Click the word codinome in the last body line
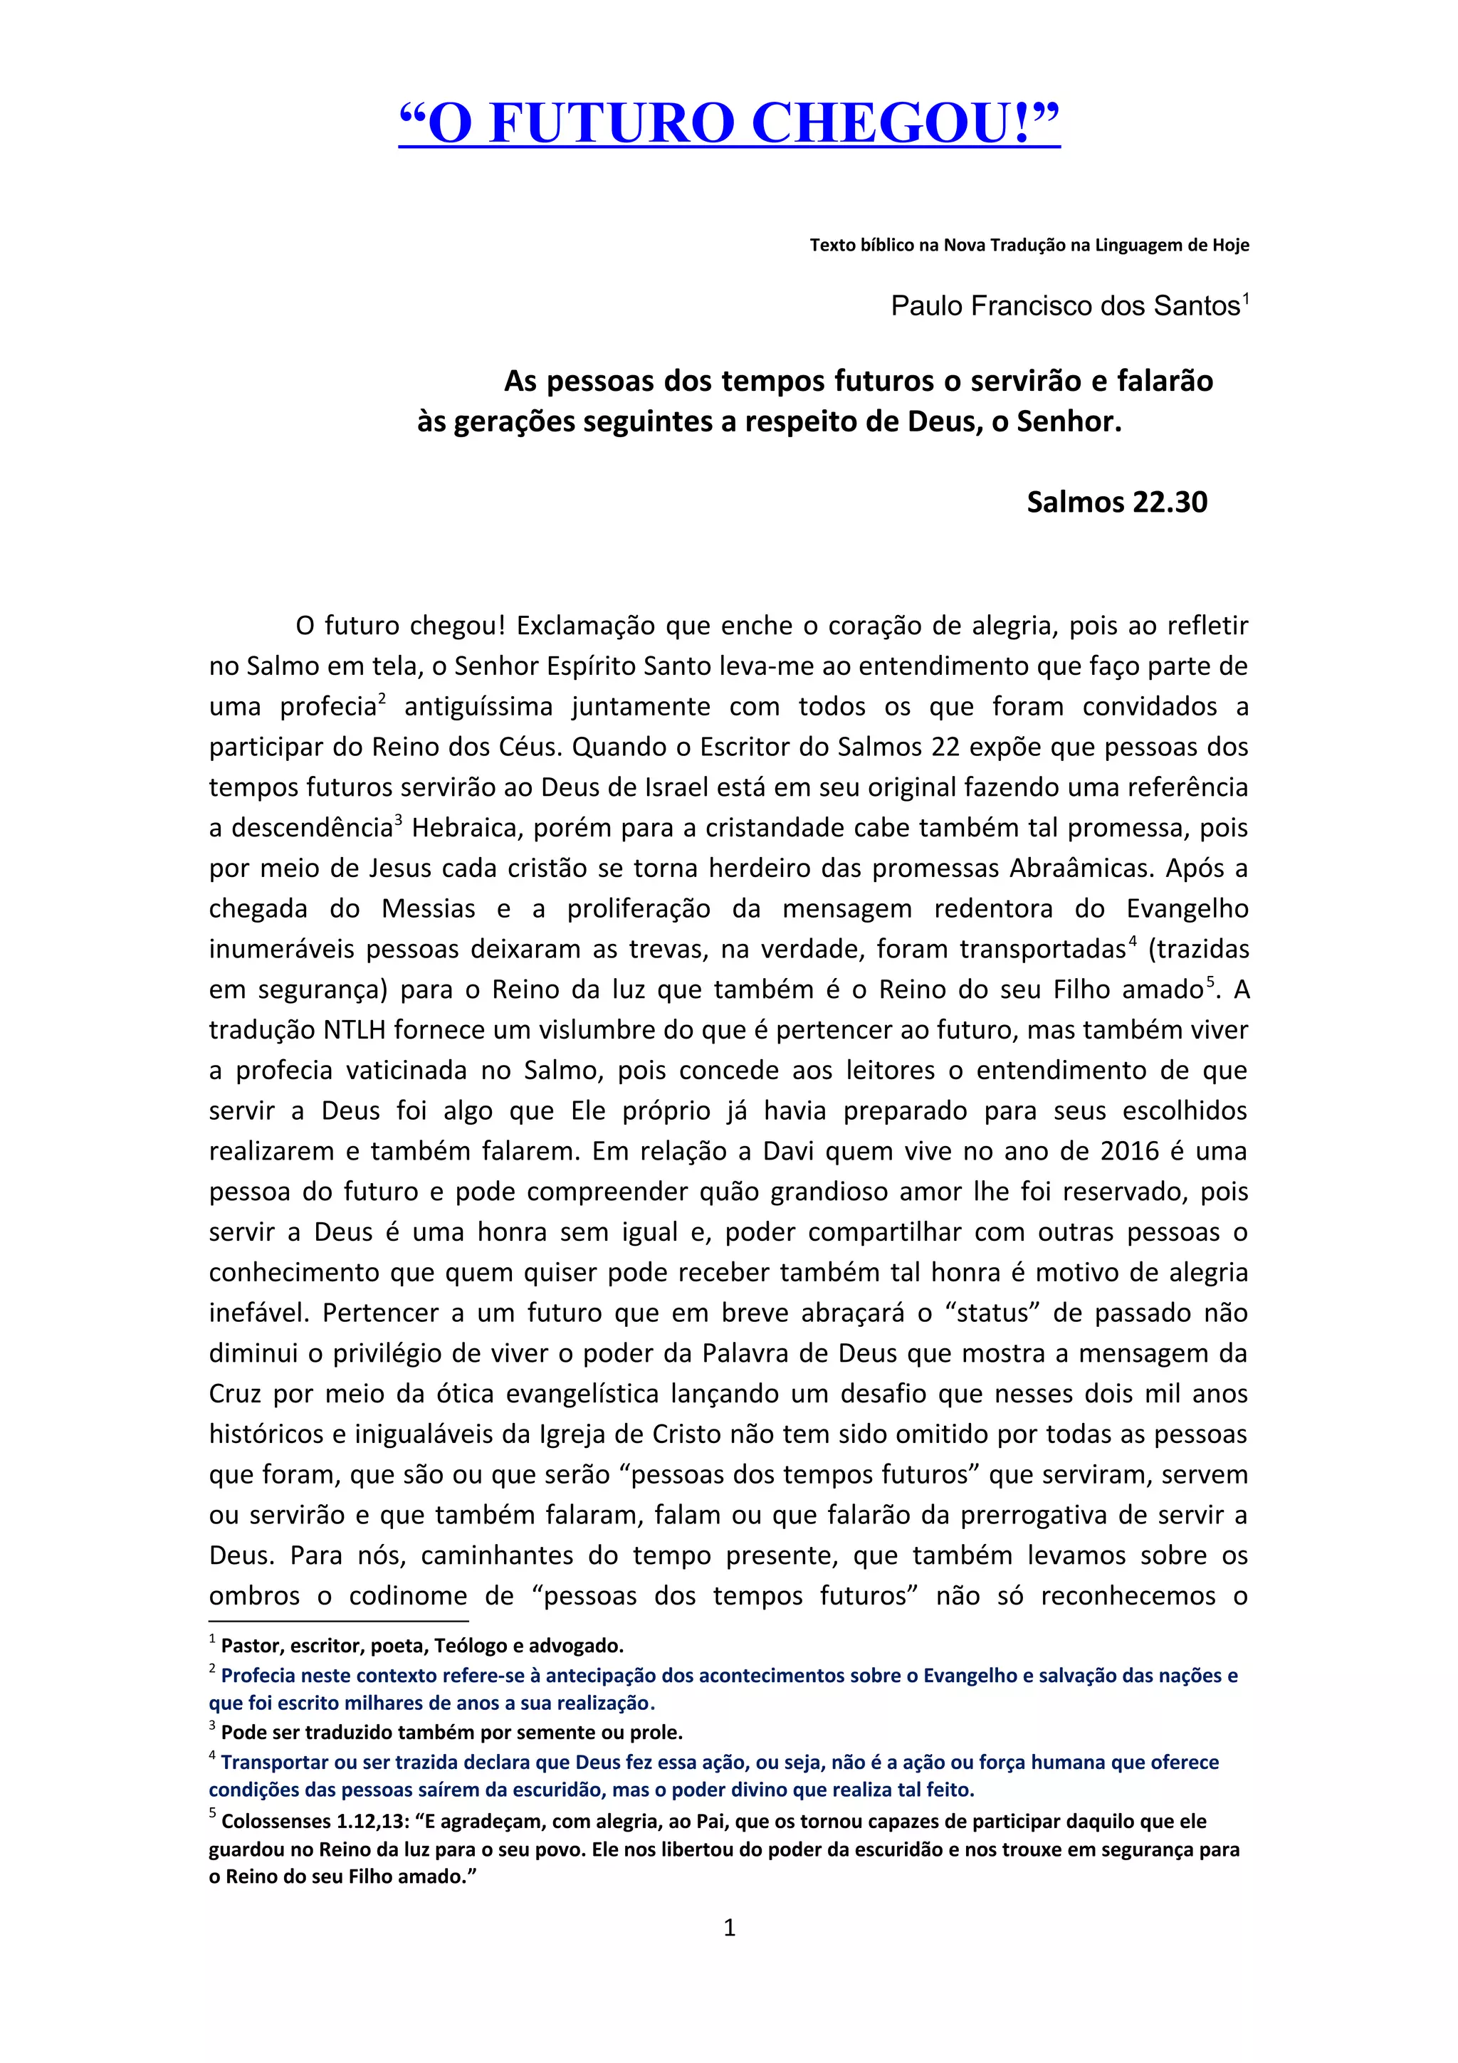(408, 1596)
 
